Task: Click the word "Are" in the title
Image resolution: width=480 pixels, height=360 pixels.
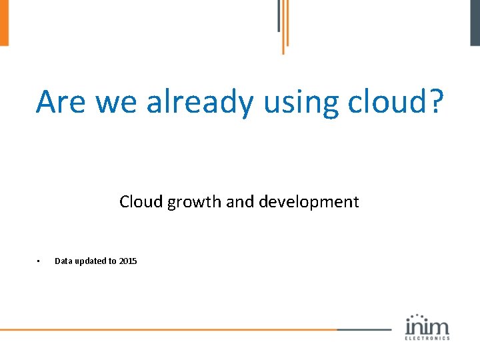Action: coord(61,102)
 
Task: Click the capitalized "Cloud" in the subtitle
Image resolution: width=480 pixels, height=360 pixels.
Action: coord(141,201)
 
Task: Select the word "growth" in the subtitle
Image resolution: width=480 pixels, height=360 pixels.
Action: coord(194,201)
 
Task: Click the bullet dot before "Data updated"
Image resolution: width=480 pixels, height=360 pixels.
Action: coord(39,261)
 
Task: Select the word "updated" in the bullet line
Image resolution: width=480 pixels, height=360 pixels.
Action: coord(95,261)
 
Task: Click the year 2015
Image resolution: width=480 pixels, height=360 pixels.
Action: coord(128,261)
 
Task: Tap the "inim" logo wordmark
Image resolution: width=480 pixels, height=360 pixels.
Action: coord(427,326)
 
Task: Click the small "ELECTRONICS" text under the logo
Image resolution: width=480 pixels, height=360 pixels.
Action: coord(427,338)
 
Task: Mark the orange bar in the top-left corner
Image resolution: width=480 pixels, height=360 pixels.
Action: coord(4,23)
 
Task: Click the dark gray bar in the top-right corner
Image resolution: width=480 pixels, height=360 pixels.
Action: coord(475,23)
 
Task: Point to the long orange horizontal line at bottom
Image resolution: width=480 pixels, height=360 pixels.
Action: coord(167,329)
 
